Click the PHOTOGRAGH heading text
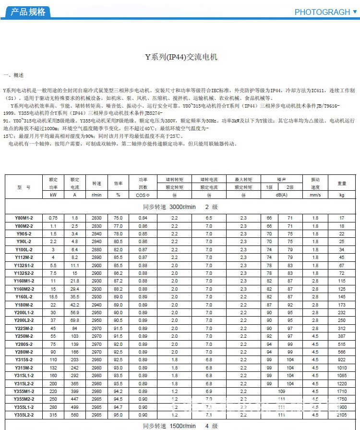322,12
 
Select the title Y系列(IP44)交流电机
181,57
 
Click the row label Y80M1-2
24,218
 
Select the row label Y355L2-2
24,414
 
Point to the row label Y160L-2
24,297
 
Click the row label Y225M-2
24,328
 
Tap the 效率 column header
118,184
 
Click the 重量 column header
342,184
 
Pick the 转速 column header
96,184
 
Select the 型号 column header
24,187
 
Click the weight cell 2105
342,414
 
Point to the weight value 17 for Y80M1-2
342,218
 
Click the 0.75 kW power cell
53,218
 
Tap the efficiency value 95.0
118,414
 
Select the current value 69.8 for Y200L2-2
75,320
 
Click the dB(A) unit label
281,195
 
